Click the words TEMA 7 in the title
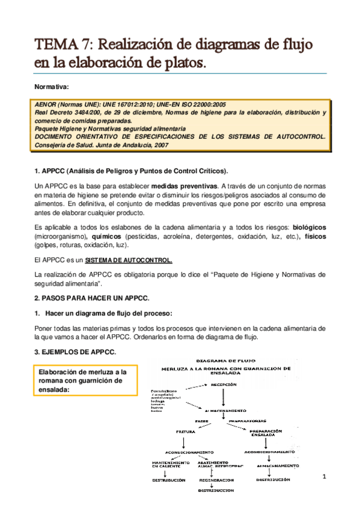[63, 45]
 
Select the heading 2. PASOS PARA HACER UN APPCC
[91, 298]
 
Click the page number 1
[323, 477]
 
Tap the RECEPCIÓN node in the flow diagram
[223, 384]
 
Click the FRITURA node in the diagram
[186, 431]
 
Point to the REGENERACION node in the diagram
[215, 481]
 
